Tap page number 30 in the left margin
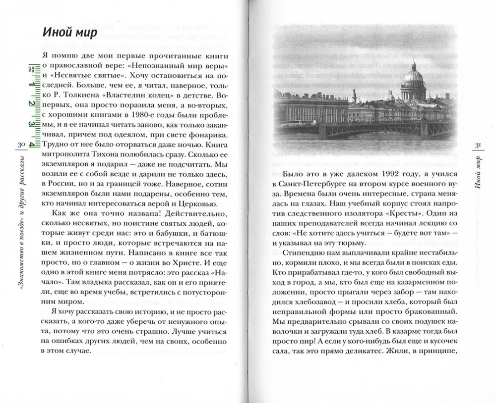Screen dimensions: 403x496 [x=21, y=145]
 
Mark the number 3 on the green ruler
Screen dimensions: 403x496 [x=31, y=124]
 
